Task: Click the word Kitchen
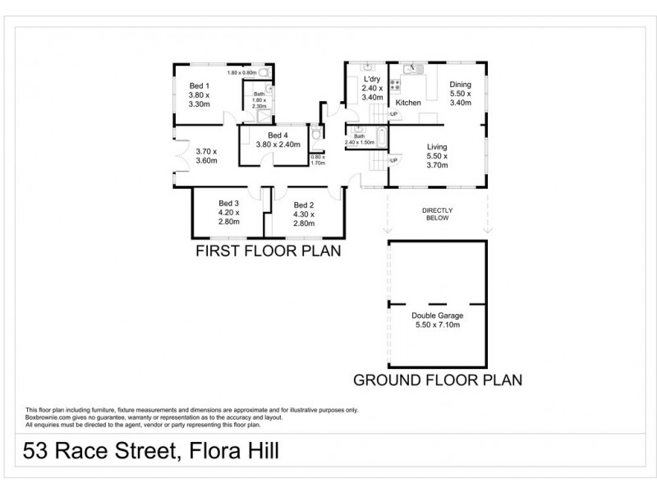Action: coord(409,103)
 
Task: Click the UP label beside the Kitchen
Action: coord(393,113)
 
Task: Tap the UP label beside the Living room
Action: coord(394,159)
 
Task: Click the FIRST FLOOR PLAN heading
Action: coord(267,251)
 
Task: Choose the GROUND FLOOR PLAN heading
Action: coord(437,380)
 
